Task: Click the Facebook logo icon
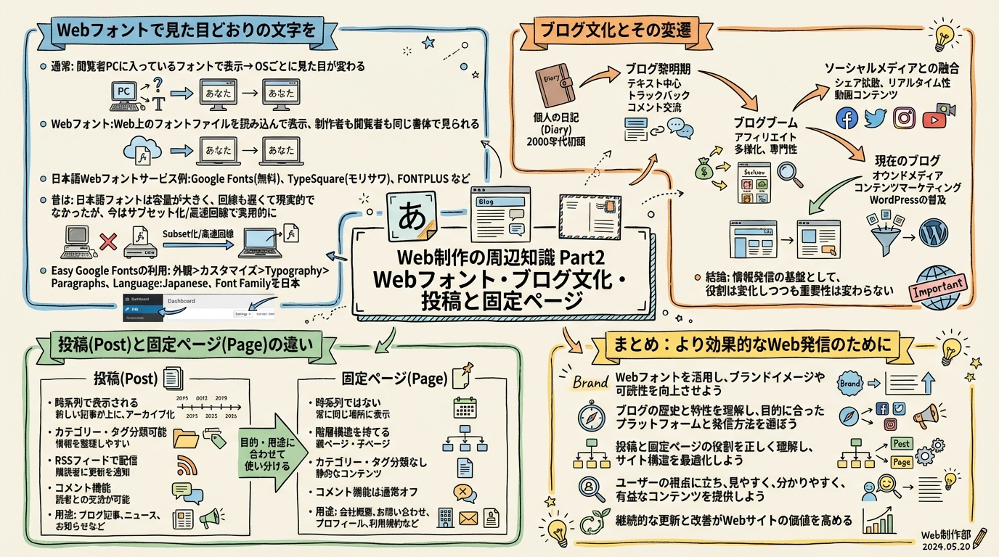(847, 117)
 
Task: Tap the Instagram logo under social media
(904, 117)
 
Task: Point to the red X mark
(108, 242)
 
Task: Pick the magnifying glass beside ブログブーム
(788, 172)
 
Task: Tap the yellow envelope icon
(467, 519)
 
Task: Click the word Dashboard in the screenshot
(182, 300)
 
